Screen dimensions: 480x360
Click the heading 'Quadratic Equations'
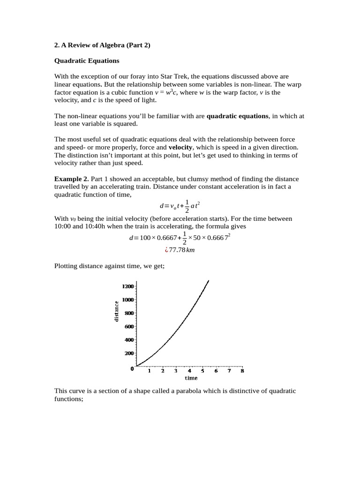click(x=87, y=60)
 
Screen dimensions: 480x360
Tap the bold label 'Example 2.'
click(x=72, y=179)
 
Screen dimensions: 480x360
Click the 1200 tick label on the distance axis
click(x=128, y=286)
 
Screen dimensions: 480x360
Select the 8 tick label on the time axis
click(x=242, y=371)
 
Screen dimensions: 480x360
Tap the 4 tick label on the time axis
click(x=189, y=371)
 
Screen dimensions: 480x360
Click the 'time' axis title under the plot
click(x=191, y=378)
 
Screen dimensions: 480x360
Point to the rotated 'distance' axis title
click(x=116, y=311)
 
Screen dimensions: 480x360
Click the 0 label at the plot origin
click(x=133, y=368)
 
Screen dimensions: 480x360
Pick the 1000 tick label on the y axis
click(x=128, y=299)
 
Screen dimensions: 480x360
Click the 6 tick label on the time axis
click(x=216, y=371)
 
